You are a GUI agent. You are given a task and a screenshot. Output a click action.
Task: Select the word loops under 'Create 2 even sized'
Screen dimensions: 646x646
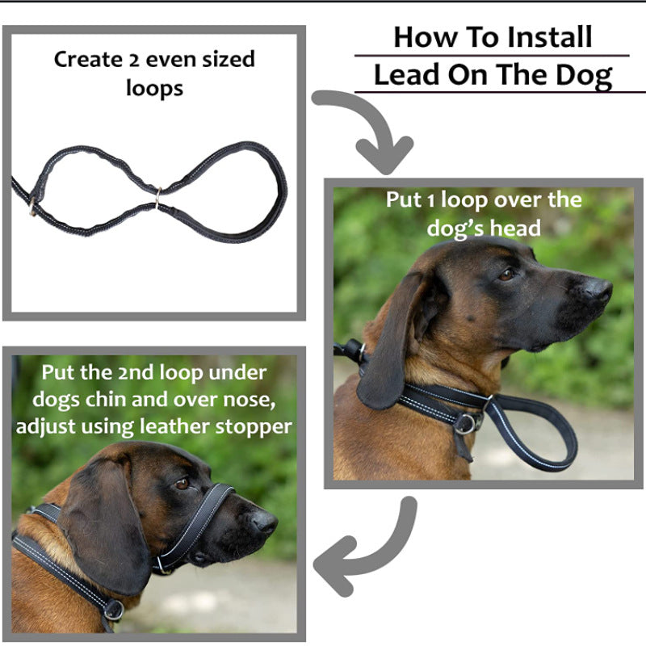[154, 88]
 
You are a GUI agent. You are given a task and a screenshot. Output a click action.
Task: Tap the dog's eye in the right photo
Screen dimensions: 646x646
[506, 274]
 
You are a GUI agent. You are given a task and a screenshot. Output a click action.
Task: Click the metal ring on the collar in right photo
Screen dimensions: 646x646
[468, 422]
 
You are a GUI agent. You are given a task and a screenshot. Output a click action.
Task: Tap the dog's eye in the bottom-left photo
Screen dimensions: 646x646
[182, 483]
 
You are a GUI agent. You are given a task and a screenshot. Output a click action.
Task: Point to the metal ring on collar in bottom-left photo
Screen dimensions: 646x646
[112, 610]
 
